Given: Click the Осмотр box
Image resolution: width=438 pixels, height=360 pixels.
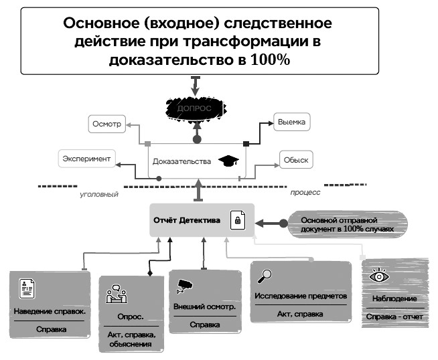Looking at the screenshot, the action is [107, 124].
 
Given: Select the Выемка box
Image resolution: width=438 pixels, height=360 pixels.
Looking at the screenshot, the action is [291, 122].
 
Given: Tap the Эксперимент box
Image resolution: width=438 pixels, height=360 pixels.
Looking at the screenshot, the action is [86, 159].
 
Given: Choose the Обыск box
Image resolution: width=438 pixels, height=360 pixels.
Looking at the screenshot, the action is [296, 160].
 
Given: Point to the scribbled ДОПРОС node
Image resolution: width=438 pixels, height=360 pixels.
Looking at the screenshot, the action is [196, 108].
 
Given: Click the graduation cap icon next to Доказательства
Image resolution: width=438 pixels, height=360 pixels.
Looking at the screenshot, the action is [228, 161].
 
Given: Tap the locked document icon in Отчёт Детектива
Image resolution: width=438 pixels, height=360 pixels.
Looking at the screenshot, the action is [238, 220].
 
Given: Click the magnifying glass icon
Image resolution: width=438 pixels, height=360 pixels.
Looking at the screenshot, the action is [265, 276].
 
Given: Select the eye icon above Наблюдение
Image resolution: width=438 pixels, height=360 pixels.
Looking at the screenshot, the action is [379, 276].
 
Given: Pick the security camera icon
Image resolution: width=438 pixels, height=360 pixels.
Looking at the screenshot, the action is [184, 286].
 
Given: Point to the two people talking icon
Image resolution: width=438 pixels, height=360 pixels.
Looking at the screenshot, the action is [117, 294].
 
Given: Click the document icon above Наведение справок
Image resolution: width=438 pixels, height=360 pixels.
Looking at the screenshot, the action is [27, 288].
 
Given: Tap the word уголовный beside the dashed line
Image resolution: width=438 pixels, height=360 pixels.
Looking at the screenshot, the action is [99, 194].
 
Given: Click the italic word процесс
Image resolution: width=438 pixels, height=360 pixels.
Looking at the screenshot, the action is [305, 192].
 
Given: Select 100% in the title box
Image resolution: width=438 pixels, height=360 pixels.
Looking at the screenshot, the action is [270, 60].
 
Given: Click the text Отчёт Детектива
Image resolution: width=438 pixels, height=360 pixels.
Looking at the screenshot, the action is [187, 220].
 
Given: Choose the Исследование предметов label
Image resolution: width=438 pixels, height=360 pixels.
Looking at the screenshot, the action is [301, 296].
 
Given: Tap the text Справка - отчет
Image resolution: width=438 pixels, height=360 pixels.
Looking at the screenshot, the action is [394, 317].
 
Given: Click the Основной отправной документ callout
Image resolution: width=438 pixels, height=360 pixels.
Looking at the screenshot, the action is [348, 224].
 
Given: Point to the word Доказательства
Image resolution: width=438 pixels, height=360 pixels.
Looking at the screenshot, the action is [181, 161].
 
